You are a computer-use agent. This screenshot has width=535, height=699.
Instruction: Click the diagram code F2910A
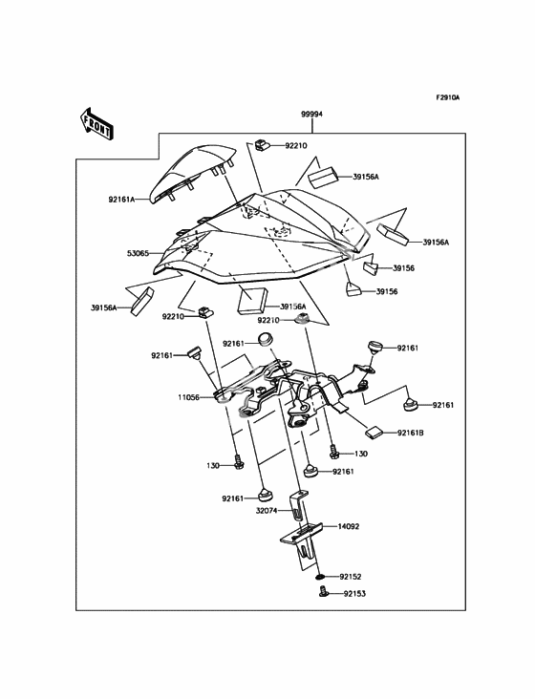[x=448, y=97]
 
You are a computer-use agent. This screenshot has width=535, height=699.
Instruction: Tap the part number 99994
[x=311, y=115]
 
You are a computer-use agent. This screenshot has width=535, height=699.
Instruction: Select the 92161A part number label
[x=121, y=200]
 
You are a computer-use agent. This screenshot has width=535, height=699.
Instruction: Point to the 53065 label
[x=138, y=253]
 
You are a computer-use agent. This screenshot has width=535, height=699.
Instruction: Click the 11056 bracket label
[x=188, y=397]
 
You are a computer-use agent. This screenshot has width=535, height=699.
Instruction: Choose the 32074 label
[x=267, y=511]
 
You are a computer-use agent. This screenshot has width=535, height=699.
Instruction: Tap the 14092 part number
[x=348, y=526]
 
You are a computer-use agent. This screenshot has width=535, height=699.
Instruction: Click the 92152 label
[x=351, y=577]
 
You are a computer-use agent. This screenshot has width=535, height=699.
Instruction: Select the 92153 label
[x=354, y=594]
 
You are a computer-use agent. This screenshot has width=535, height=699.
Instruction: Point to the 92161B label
[x=410, y=433]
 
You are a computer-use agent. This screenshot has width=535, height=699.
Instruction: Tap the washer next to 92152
[x=319, y=578]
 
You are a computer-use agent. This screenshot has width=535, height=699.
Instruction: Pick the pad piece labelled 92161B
[x=374, y=432]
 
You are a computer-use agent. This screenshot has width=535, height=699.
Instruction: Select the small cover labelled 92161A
[x=192, y=173]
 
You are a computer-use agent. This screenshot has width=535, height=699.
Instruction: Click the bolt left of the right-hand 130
[x=333, y=451]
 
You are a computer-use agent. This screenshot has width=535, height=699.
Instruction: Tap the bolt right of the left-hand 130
[x=238, y=462]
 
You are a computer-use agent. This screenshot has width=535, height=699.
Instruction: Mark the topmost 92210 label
[x=296, y=146]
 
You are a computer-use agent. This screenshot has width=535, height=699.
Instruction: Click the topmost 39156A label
[x=366, y=177]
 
